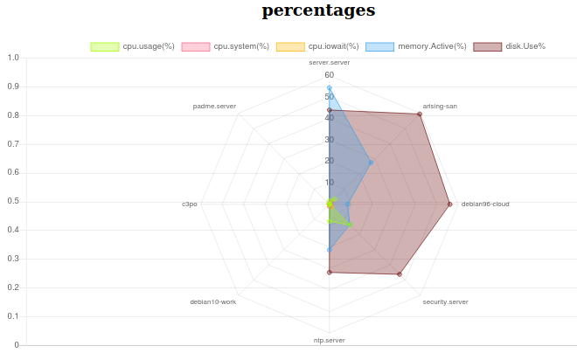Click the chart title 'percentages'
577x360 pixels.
click(x=318, y=11)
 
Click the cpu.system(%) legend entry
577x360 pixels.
click(x=226, y=46)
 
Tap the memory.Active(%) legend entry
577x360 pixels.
click(x=416, y=46)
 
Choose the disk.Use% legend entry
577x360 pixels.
click(x=510, y=46)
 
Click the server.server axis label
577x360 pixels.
click(x=330, y=63)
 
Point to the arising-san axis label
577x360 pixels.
click(x=440, y=106)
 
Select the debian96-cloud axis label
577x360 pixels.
click(x=485, y=204)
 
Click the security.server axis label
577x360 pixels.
click(x=445, y=301)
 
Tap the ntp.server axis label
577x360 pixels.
click(x=330, y=340)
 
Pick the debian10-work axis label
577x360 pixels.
click(x=213, y=301)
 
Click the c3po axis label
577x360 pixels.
click(x=190, y=204)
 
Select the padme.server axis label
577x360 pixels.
click(x=214, y=106)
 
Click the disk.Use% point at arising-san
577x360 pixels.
click(x=420, y=114)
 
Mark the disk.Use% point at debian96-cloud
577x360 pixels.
click(x=450, y=204)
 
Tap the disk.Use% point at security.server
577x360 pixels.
click(x=400, y=274)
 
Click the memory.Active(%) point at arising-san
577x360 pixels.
click(x=371, y=162)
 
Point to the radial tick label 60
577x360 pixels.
click(x=330, y=75)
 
